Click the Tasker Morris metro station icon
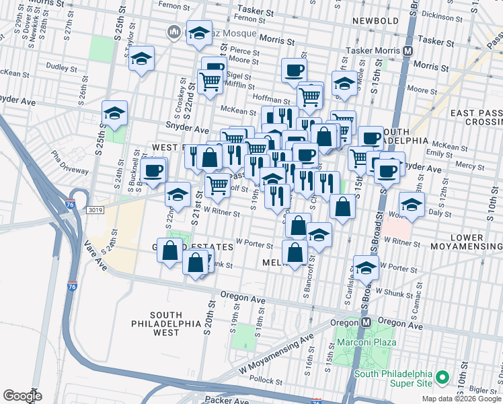tap(408, 50)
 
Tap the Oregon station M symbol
tap(366, 322)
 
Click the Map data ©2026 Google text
tap(461, 399)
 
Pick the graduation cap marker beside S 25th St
tap(114, 114)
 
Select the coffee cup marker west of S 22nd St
tap(154, 171)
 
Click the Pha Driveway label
tap(66, 160)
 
